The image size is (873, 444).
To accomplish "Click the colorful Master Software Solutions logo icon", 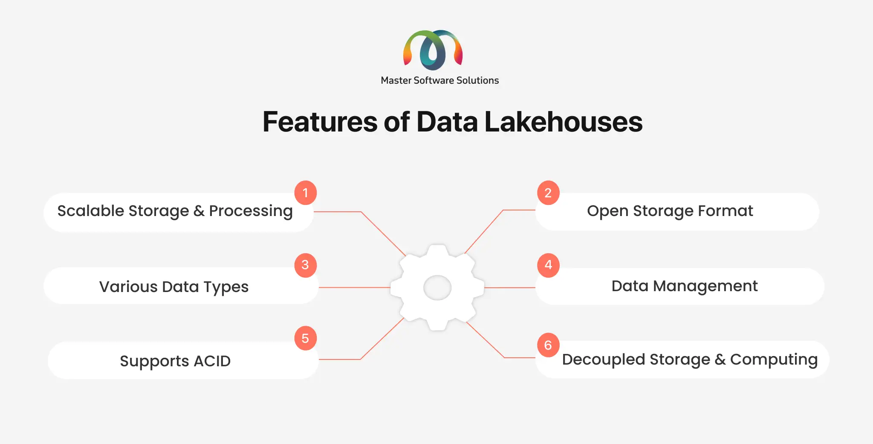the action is click(433, 50).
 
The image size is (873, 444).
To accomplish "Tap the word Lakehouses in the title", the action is click(564, 122).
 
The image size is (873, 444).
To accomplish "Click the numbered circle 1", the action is click(306, 193).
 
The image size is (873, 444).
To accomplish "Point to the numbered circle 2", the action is click(548, 193).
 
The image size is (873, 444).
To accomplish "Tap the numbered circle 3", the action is click(306, 265).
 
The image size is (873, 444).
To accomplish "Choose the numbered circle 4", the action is click(548, 265).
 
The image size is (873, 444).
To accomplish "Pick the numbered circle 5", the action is click(306, 338).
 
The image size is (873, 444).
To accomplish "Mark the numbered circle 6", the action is click(548, 345).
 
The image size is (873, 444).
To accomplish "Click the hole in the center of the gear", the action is click(437, 288).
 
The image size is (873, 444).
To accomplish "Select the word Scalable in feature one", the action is click(91, 210).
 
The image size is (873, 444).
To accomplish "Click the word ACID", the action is click(212, 361).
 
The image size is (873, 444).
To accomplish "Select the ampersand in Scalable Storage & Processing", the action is click(199, 211).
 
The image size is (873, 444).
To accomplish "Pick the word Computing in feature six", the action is click(774, 360).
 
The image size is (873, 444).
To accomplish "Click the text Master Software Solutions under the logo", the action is click(440, 80).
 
